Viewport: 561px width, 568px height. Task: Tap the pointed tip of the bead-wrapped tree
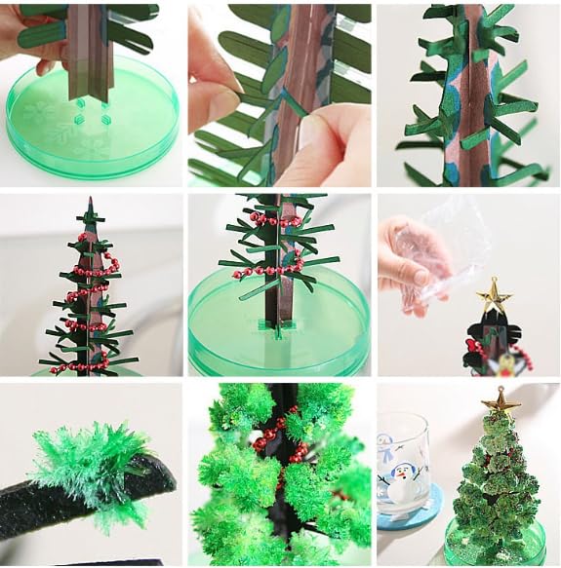point(89,205)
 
